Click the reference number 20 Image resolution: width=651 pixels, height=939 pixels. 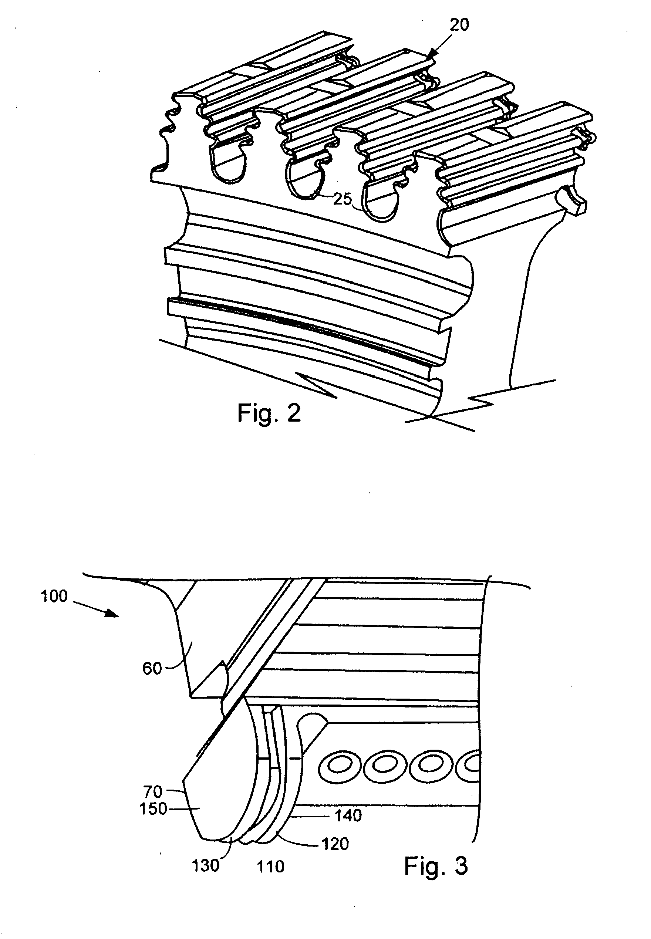tap(459, 25)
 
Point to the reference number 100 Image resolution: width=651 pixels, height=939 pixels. tap(54, 596)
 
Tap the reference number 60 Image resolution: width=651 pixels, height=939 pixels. tap(152, 668)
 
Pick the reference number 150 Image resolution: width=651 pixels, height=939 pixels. tap(153, 808)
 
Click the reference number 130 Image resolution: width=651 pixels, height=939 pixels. tap(206, 866)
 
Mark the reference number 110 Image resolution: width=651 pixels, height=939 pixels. tap(270, 867)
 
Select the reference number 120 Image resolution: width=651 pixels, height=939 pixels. tap(335, 844)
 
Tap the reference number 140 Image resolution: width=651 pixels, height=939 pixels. tap(348, 815)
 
